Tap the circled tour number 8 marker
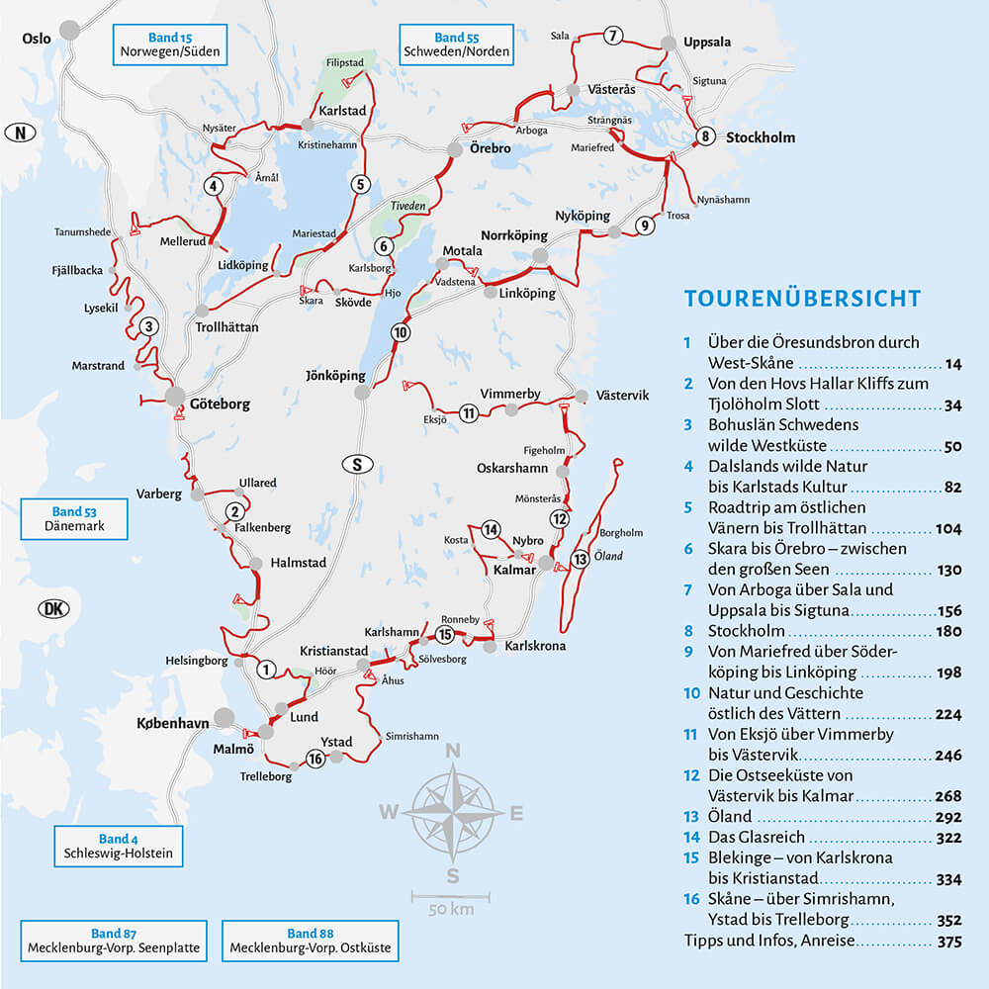[x=704, y=136]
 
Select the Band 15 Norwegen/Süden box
[x=169, y=45]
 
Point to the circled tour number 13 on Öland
[x=581, y=560]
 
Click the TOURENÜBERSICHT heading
[x=802, y=299]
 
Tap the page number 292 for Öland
[x=947, y=817]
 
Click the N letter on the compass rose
[x=453, y=752]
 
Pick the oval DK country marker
[x=51, y=608]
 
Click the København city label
[x=172, y=723]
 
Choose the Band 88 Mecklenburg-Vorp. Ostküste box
[x=310, y=941]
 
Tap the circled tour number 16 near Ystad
[x=315, y=760]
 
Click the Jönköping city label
[x=335, y=376]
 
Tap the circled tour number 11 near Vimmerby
[x=469, y=412]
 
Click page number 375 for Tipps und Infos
[x=947, y=942]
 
